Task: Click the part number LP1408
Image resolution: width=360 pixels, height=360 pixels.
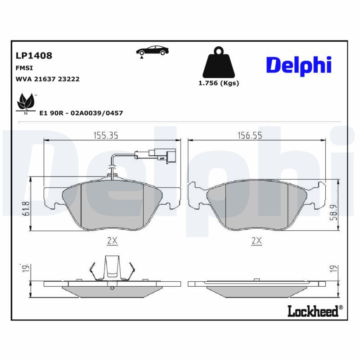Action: click(x=34, y=56)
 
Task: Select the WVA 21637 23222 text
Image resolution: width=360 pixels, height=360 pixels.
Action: click(x=48, y=79)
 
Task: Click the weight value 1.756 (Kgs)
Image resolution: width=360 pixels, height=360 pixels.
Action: click(x=219, y=83)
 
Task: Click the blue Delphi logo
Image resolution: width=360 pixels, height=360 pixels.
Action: click(x=298, y=66)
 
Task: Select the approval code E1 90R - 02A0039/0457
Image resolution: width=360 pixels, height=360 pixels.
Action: click(x=81, y=113)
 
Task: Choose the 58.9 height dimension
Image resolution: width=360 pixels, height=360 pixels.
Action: click(x=333, y=211)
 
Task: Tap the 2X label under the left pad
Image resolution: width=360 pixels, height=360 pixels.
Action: click(x=112, y=241)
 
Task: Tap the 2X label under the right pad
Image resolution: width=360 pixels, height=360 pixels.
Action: click(x=256, y=241)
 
